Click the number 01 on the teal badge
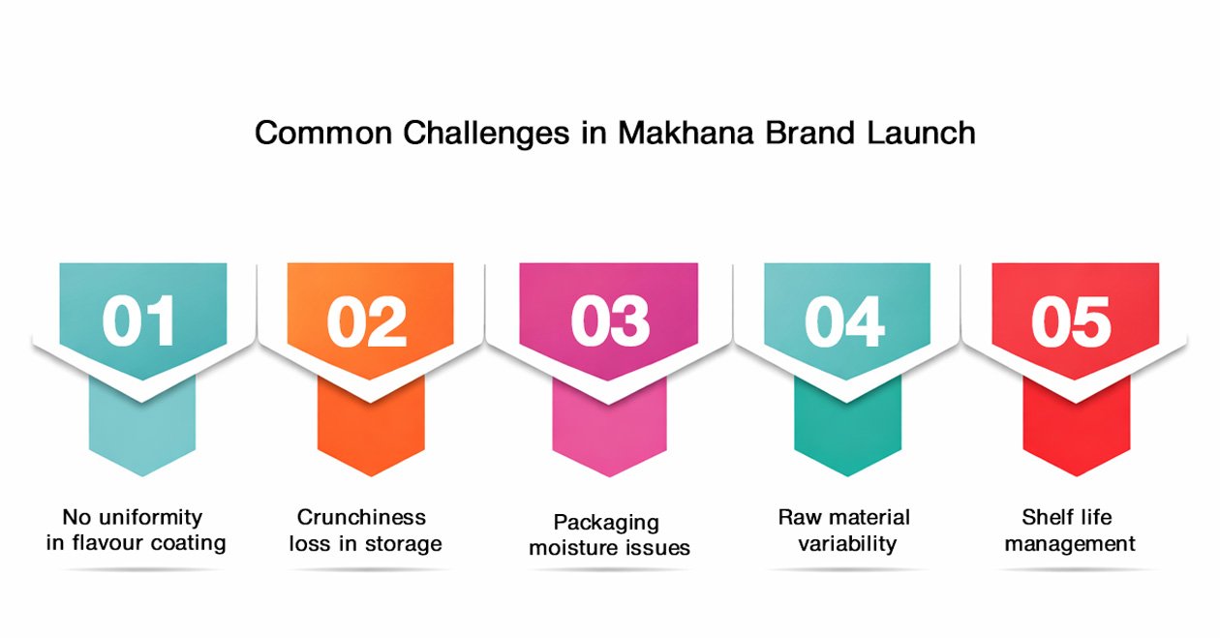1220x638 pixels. (x=138, y=321)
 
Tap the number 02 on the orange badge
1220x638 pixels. (x=367, y=321)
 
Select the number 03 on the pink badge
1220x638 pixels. (x=609, y=321)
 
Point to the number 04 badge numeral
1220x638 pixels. (x=844, y=321)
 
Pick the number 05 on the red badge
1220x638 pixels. (x=1071, y=321)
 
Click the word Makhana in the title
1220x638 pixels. (x=686, y=133)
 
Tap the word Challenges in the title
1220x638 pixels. (x=486, y=134)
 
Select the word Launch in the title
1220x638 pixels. (x=921, y=133)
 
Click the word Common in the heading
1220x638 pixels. (x=323, y=134)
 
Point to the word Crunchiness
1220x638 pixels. (x=361, y=517)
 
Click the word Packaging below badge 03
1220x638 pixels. (x=606, y=523)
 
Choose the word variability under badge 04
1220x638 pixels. (x=847, y=544)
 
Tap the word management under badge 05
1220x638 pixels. (x=1070, y=544)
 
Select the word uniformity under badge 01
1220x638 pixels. (x=150, y=518)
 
